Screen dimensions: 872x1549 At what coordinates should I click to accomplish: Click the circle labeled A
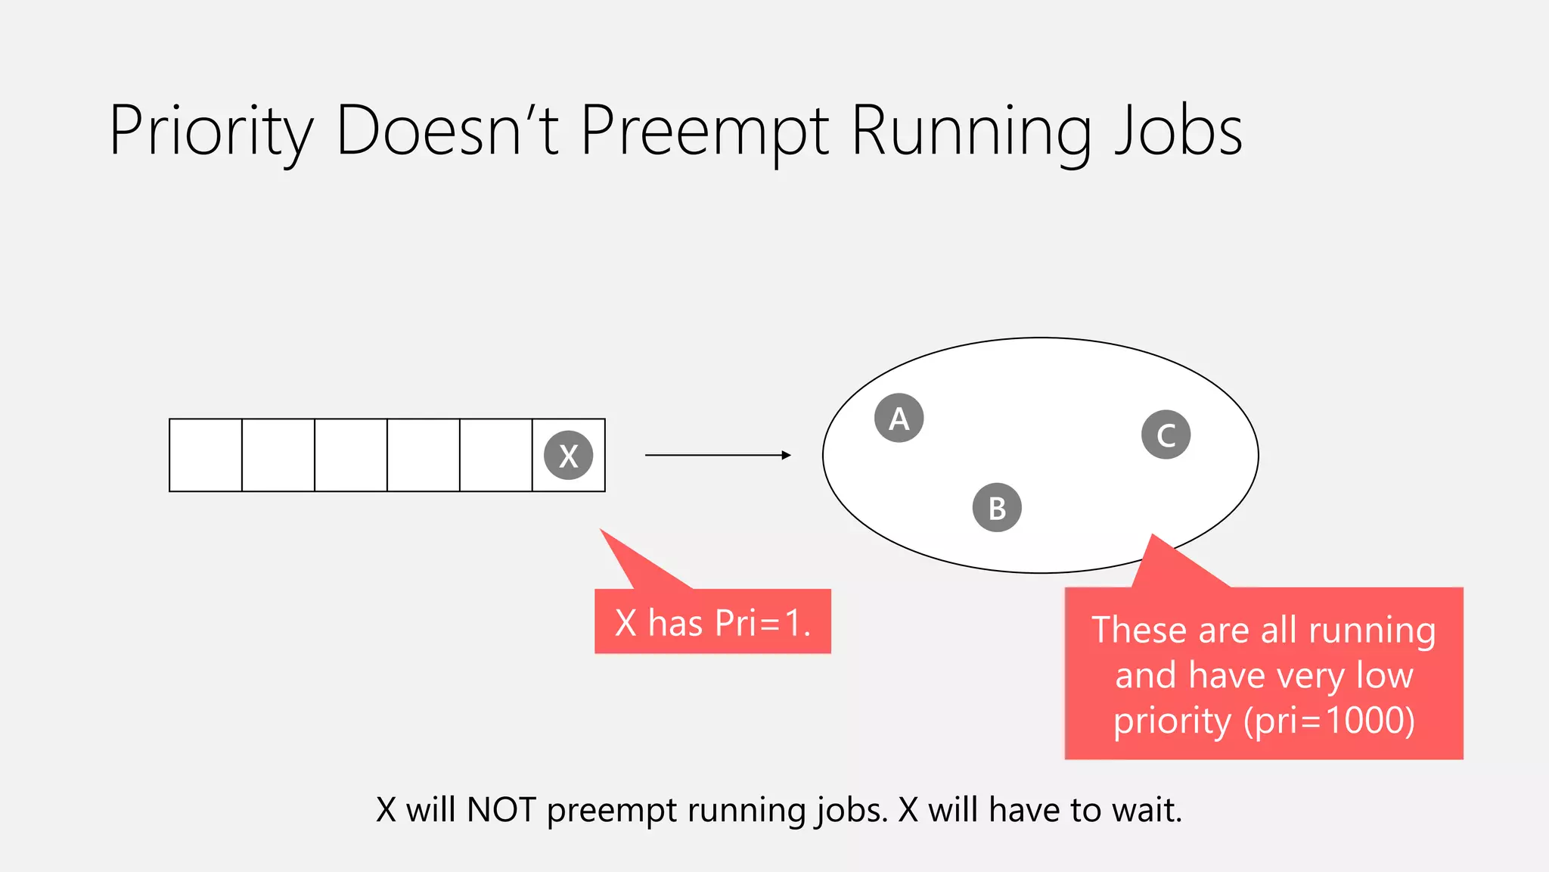pos(899,418)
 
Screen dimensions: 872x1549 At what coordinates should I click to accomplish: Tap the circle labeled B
pos(997,507)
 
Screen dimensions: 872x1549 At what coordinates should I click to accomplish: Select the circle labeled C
pos(1166,434)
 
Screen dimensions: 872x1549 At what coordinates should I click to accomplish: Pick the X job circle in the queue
pos(568,455)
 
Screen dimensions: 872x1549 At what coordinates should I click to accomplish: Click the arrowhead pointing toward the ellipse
pos(787,455)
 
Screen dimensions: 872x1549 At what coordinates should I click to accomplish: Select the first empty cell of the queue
pos(206,455)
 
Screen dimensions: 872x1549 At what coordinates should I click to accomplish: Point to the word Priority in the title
pos(210,132)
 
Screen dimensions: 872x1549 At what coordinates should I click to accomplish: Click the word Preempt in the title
pos(704,132)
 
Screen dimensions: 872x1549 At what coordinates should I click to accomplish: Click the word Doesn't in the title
pos(447,130)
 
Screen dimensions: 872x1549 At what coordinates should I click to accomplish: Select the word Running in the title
pos(971,132)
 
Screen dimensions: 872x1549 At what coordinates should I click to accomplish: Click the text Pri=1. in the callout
pos(762,623)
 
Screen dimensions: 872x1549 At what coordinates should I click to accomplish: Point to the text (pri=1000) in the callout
pos(1329,720)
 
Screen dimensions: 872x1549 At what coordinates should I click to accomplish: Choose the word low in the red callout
pos(1384,674)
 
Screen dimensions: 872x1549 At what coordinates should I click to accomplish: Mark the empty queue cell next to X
pos(496,455)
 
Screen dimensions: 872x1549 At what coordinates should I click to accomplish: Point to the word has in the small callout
pos(675,623)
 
